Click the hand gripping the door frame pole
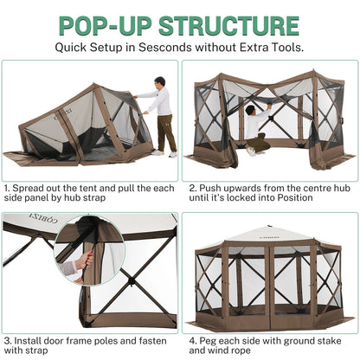click(x=83, y=259)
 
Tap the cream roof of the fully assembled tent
click(x=268, y=234)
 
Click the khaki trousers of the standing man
click(x=164, y=133)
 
